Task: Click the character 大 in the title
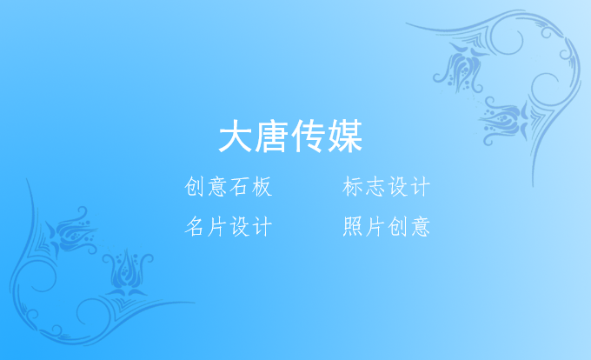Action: pos(236,136)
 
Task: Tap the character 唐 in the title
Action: pos(272,136)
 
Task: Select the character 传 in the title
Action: pos(309,136)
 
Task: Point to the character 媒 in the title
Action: pos(345,136)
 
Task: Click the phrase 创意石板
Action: pos(229,187)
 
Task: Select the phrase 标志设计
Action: pos(387,187)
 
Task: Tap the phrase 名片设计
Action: pos(229,226)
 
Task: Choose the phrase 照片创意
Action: pos(387,226)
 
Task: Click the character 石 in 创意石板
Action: pos(240,187)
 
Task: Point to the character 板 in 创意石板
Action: pos(262,187)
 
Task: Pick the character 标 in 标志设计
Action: pos(353,187)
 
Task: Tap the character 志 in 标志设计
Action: pos(375,187)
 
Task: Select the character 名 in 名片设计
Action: pos(195,226)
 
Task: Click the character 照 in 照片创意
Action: pos(353,226)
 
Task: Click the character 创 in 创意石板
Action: pos(195,187)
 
